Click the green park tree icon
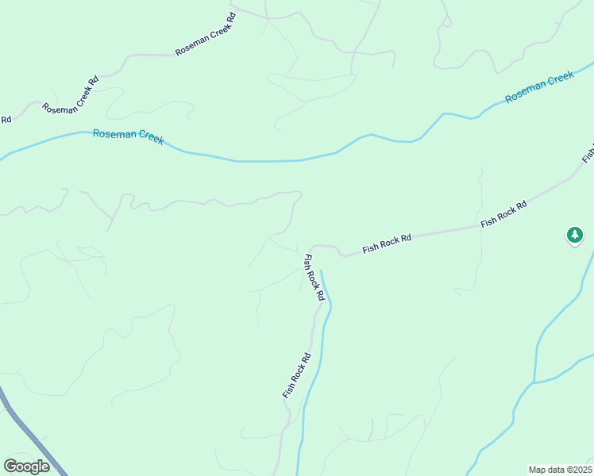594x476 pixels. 574,235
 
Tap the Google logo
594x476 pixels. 26,466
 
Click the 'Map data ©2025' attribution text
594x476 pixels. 559,470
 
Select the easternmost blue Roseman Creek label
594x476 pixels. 539,86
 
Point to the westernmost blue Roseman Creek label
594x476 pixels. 128,136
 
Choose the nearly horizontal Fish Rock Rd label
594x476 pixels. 387,244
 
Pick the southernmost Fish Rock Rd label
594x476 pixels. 295,375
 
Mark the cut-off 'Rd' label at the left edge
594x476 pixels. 6,120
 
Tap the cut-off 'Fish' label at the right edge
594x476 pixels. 588,151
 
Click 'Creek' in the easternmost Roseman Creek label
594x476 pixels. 557,79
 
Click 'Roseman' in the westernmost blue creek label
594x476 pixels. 111,134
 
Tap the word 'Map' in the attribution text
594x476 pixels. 537,470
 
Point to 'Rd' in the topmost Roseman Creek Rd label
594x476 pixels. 231,17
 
